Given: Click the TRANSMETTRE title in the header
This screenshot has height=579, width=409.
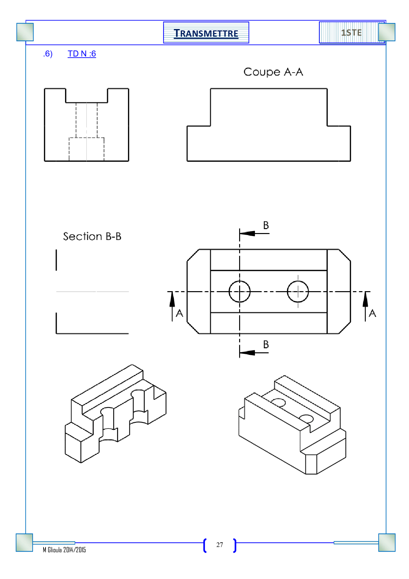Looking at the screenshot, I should tap(206, 33).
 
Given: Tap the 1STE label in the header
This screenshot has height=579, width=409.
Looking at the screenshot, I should tap(351, 33).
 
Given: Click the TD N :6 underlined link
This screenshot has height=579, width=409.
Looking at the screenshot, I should tap(82, 54).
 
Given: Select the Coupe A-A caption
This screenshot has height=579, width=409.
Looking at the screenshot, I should tap(273, 72).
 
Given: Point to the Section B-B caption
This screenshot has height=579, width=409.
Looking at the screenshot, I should tap(92, 236).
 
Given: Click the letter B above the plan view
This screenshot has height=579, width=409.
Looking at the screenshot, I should tap(266, 225).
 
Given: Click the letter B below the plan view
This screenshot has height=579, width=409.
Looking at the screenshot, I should tap(266, 345).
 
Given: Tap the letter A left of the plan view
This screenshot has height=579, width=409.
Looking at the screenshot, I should tap(179, 313).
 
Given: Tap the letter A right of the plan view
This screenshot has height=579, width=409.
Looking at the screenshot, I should tap(372, 313).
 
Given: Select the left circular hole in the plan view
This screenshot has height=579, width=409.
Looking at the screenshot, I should tap(239, 291).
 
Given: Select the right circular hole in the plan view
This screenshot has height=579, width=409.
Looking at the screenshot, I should tap(298, 291).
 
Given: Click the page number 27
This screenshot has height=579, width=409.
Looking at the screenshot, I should tap(220, 545).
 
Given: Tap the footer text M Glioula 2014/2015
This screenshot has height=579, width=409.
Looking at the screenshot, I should tap(64, 550).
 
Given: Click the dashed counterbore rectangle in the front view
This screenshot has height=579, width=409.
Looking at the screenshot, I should tap(86, 149).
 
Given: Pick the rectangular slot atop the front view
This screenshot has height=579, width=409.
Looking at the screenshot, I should tap(86, 96).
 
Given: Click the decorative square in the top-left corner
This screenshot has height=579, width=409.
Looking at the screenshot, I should tap(25, 32).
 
